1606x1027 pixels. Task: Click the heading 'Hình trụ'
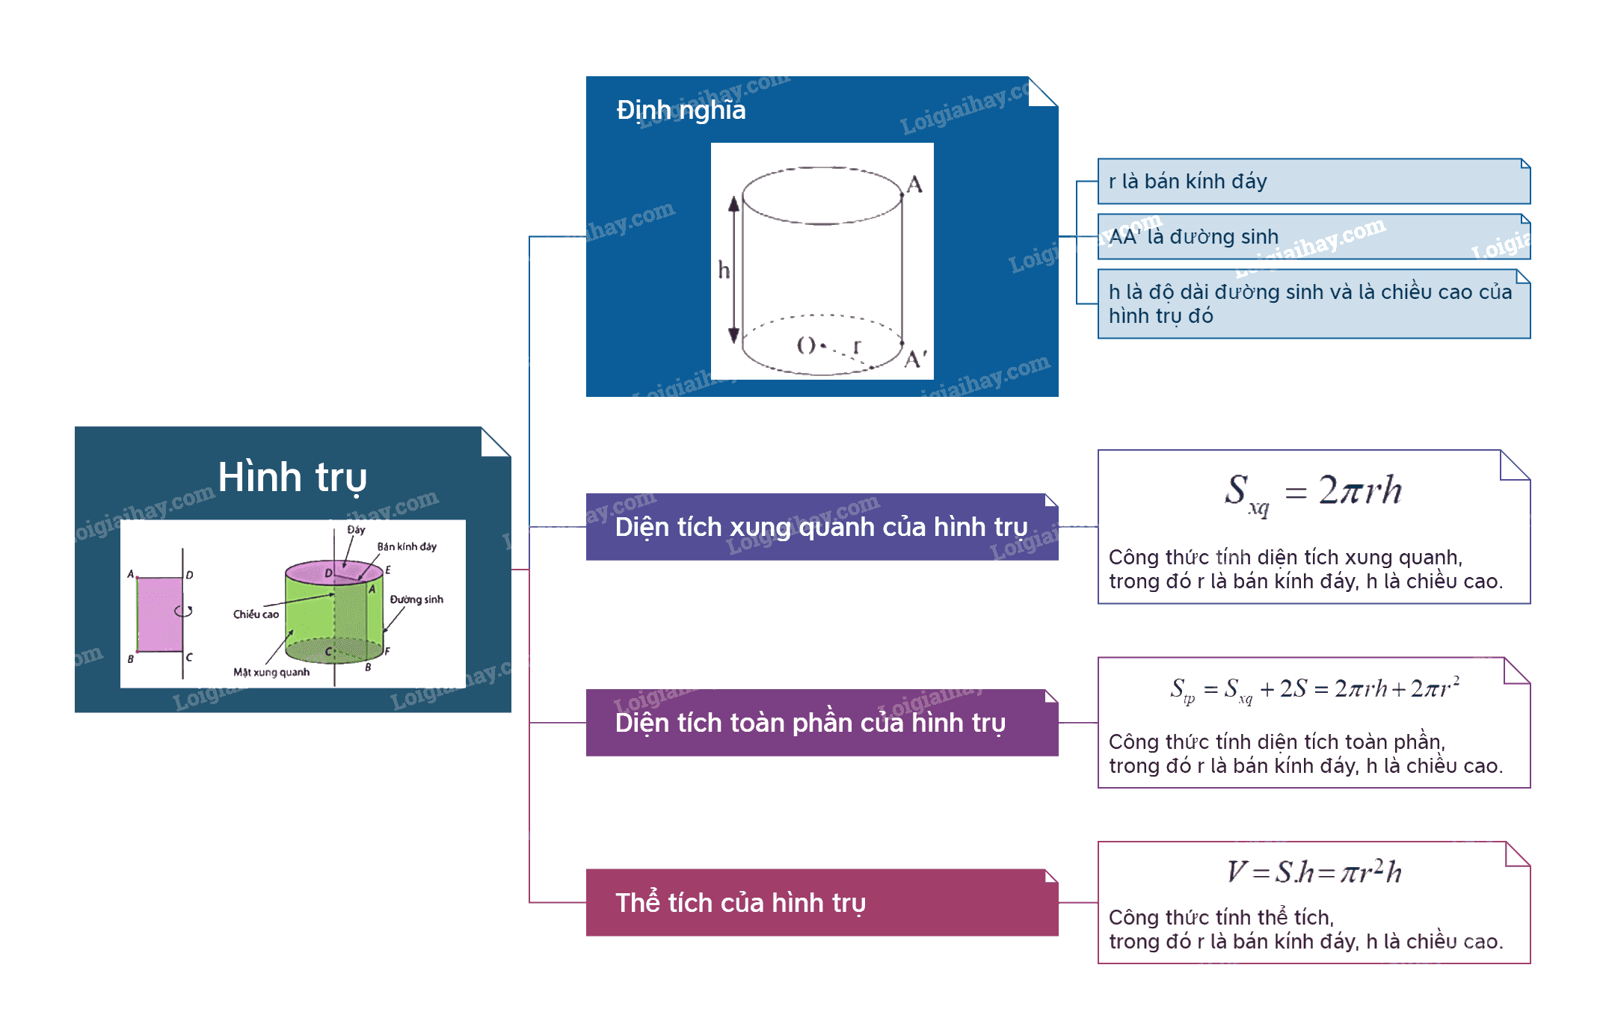(x=292, y=478)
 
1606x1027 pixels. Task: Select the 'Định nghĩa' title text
(x=680, y=111)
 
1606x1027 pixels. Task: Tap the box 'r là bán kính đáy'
(x=1314, y=181)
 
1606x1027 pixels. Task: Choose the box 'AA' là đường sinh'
(x=1314, y=236)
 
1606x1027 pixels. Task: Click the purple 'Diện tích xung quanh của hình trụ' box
(x=822, y=527)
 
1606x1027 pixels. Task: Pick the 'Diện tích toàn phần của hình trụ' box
(x=822, y=723)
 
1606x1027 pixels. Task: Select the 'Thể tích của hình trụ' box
(x=822, y=902)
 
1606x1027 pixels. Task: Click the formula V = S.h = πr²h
(x=1314, y=872)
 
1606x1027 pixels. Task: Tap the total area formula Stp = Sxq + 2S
(x=1314, y=689)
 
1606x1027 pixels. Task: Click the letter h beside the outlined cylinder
(x=724, y=269)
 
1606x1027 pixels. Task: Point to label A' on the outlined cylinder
(x=916, y=359)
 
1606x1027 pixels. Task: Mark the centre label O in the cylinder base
(x=806, y=345)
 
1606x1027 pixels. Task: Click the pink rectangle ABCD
(x=160, y=614)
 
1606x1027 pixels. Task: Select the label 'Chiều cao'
(x=256, y=614)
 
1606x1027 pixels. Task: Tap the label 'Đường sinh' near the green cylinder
(x=416, y=599)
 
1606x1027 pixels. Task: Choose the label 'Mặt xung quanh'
(x=271, y=672)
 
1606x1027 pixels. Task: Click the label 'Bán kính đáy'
(x=407, y=546)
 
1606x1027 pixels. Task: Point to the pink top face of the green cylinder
(x=333, y=572)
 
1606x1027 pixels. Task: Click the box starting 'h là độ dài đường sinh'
(x=1314, y=304)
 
